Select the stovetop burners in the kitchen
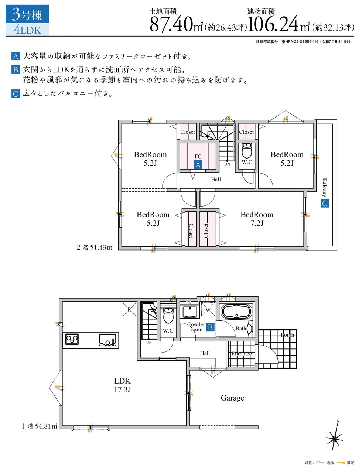72,339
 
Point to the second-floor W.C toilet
247,150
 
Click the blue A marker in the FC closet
198,164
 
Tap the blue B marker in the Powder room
211,327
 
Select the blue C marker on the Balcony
325,203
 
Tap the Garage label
232,398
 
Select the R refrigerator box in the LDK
129,309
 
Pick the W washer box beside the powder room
208,309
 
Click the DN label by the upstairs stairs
227,164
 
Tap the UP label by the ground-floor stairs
149,343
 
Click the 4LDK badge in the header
27,30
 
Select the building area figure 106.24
273,24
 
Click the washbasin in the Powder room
190,312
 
